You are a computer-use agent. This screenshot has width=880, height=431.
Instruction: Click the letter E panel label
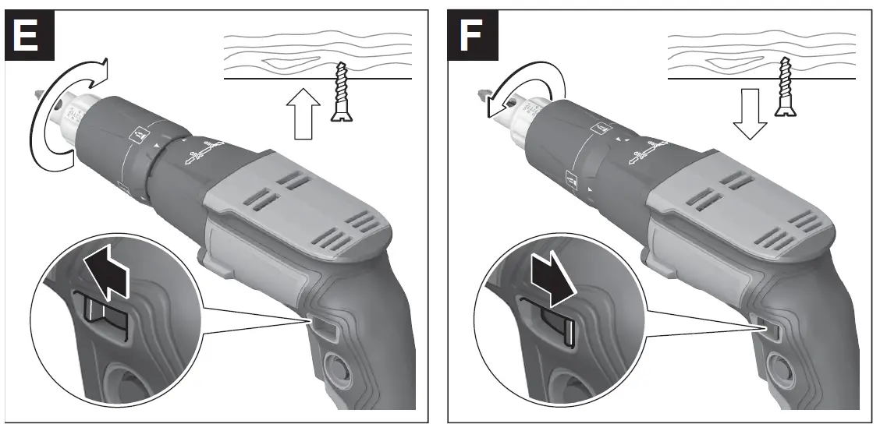click(30, 35)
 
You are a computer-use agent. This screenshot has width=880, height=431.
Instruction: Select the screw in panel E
click(341, 93)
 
